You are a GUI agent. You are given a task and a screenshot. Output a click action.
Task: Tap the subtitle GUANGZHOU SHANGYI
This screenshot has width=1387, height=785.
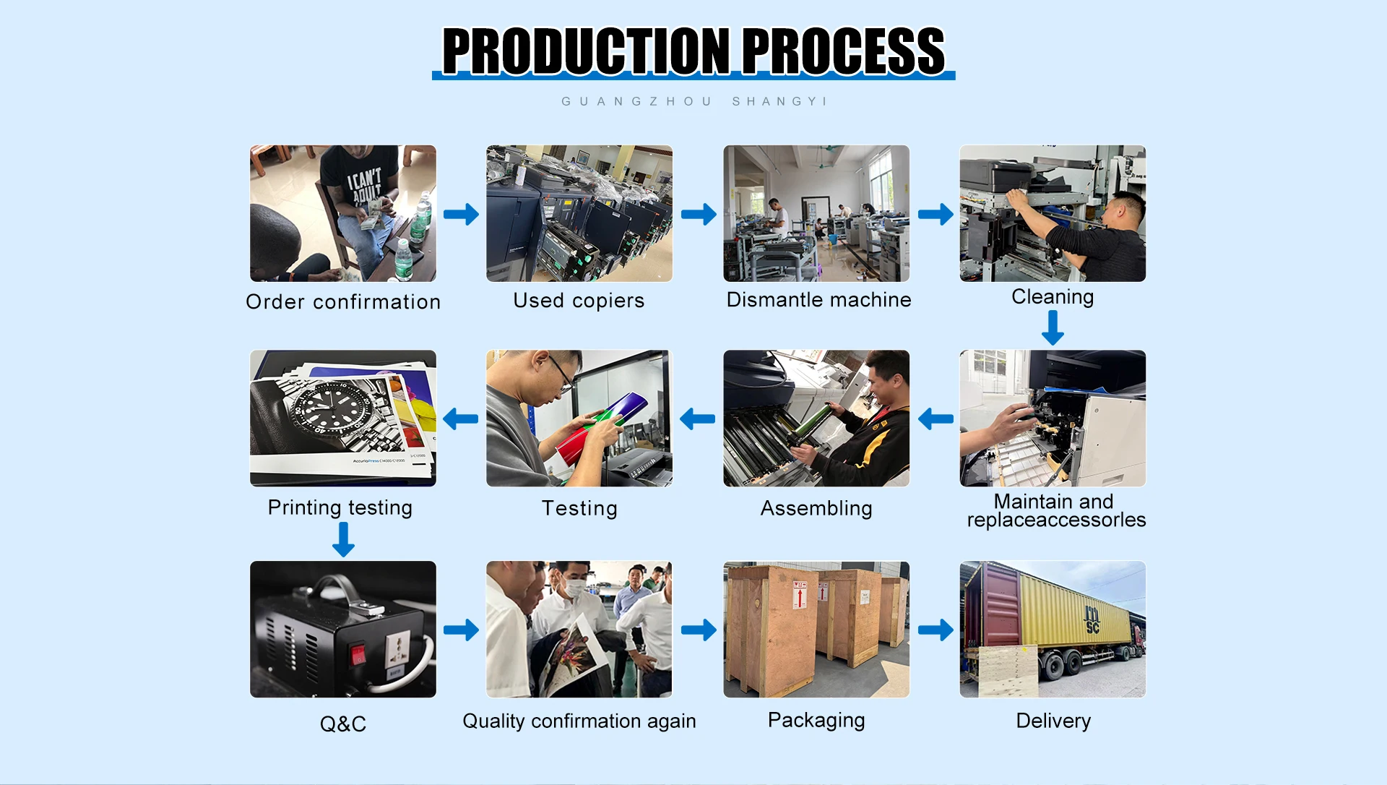click(693, 102)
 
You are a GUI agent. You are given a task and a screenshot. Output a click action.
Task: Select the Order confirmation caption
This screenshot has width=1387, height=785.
click(343, 302)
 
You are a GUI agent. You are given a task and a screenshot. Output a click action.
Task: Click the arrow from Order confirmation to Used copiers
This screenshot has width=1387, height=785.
click(461, 214)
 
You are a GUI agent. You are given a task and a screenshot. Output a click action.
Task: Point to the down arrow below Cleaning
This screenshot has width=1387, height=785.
click(1053, 327)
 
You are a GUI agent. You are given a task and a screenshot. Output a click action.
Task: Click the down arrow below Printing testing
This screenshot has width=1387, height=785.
click(343, 539)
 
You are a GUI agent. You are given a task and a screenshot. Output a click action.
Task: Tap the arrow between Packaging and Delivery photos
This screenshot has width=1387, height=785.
click(936, 630)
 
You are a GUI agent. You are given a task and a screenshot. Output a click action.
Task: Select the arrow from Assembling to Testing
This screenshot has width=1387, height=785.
click(698, 419)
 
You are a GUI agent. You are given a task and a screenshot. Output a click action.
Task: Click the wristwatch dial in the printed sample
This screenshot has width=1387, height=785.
click(329, 408)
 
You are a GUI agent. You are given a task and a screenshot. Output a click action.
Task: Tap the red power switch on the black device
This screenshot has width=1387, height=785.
click(358, 654)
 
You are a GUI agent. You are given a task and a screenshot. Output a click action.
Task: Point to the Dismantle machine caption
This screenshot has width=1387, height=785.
click(818, 300)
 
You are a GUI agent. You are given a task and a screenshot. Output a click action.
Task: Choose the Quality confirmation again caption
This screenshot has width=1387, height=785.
click(579, 721)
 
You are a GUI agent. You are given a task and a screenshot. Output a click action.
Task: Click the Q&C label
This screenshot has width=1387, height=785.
click(343, 724)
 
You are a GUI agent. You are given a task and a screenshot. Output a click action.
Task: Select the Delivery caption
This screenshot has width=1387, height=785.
click(1053, 721)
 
